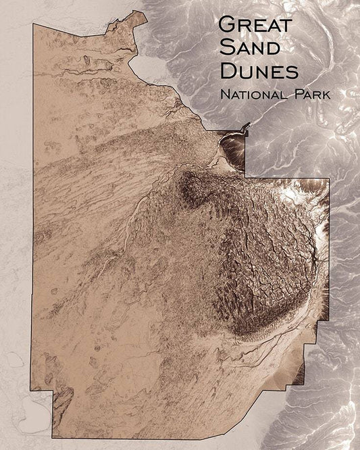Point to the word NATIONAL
(253, 94)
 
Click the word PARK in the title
(310, 94)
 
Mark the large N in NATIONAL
(225, 94)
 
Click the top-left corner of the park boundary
(34, 24)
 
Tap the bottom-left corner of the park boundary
(53, 428)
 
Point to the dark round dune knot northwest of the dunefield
(192, 186)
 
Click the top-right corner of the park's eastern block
(329, 179)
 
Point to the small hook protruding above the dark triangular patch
(246, 126)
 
